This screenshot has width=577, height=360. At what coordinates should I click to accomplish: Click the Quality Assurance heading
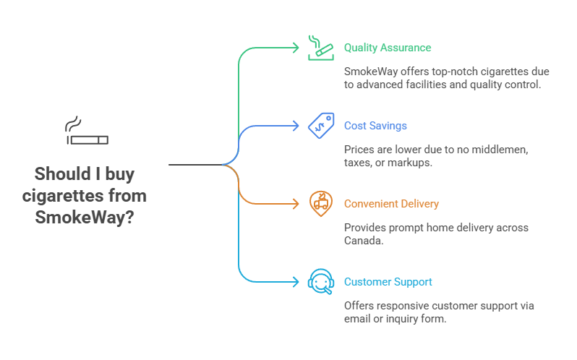click(387, 48)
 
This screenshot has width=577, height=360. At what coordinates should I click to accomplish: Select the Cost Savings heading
click(375, 126)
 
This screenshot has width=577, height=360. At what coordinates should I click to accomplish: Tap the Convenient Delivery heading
click(391, 204)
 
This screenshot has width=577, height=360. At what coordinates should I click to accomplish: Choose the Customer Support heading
click(388, 282)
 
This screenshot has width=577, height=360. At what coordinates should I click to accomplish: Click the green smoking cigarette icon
click(320, 47)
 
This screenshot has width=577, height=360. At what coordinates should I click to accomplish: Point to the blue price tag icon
click(320, 125)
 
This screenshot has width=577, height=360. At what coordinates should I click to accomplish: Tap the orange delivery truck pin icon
click(320, 203)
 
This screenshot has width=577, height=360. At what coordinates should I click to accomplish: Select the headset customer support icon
click(320, 281)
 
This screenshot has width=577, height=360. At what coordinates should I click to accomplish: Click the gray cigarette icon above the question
click(86, 134)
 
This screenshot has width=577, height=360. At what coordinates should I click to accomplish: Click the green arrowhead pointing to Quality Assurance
click(295, 48)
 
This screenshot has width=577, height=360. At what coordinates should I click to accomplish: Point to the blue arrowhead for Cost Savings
click(295, 126)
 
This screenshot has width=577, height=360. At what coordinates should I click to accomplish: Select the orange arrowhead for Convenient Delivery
click(295, 204)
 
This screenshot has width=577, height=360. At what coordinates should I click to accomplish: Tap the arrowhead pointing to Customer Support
click(295, 282)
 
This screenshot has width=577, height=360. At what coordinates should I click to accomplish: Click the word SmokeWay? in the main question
click(85, 216)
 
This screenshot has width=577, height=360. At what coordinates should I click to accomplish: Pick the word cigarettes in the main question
click(65, 195)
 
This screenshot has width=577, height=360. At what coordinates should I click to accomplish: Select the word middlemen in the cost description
click(500, 150)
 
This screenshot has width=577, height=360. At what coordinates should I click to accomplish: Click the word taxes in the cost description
click(358, 163)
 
